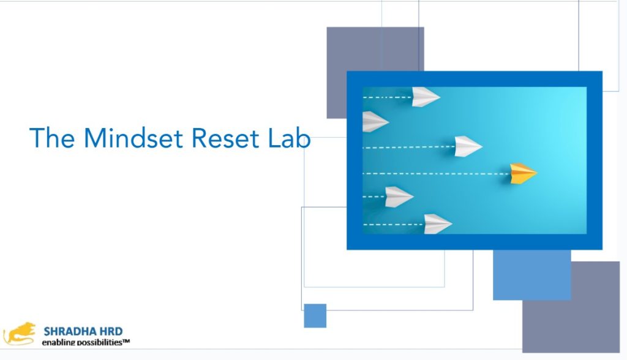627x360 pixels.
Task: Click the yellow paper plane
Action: [522, 173]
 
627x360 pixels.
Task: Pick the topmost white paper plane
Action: [425, 97]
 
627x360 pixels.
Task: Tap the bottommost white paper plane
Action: [437, 224]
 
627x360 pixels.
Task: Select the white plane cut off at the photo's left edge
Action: [374, 121]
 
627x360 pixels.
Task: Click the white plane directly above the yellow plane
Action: [468, 146]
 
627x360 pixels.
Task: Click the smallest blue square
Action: [315, 316]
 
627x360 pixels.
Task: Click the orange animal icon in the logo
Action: [20, 333]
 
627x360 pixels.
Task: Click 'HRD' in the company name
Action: [112, 331]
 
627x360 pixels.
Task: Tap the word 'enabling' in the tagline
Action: [57, 342]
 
